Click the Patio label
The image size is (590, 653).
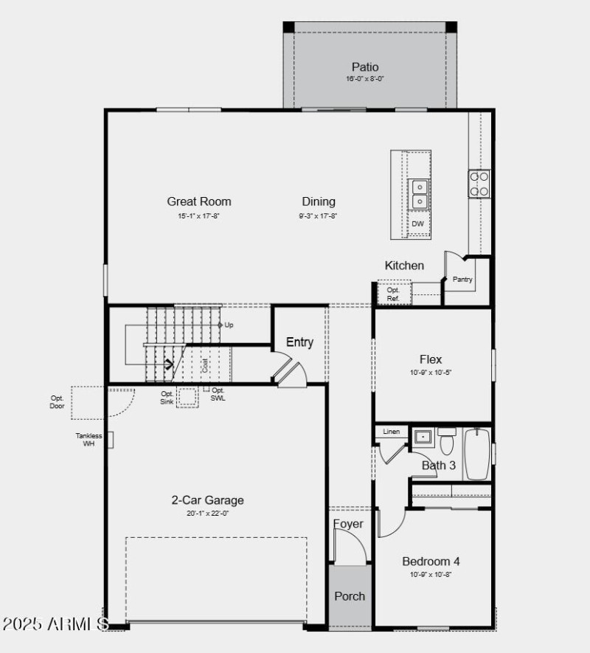(365, 67)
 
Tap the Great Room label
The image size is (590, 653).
(198, 201)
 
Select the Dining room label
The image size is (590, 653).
(319, 201)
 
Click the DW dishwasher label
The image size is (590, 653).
(418, 224)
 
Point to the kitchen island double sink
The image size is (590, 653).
(419, 193)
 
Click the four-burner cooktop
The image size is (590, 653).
(479, 184)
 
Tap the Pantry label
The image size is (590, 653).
(462, 280)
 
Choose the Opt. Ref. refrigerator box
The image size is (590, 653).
(393, 294)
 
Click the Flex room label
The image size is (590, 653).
(431, 359)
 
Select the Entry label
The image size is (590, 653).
(299, 342)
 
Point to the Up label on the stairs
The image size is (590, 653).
(229, 325)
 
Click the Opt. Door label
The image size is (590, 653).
(58, 402)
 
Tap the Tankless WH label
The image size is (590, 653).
(88, 440)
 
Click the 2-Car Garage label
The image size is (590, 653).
(207, 500)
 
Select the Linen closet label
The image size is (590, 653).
(392, 432)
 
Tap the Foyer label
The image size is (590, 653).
(348, 524)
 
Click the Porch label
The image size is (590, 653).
(350, 596)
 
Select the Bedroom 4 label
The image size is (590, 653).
(431, 561)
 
